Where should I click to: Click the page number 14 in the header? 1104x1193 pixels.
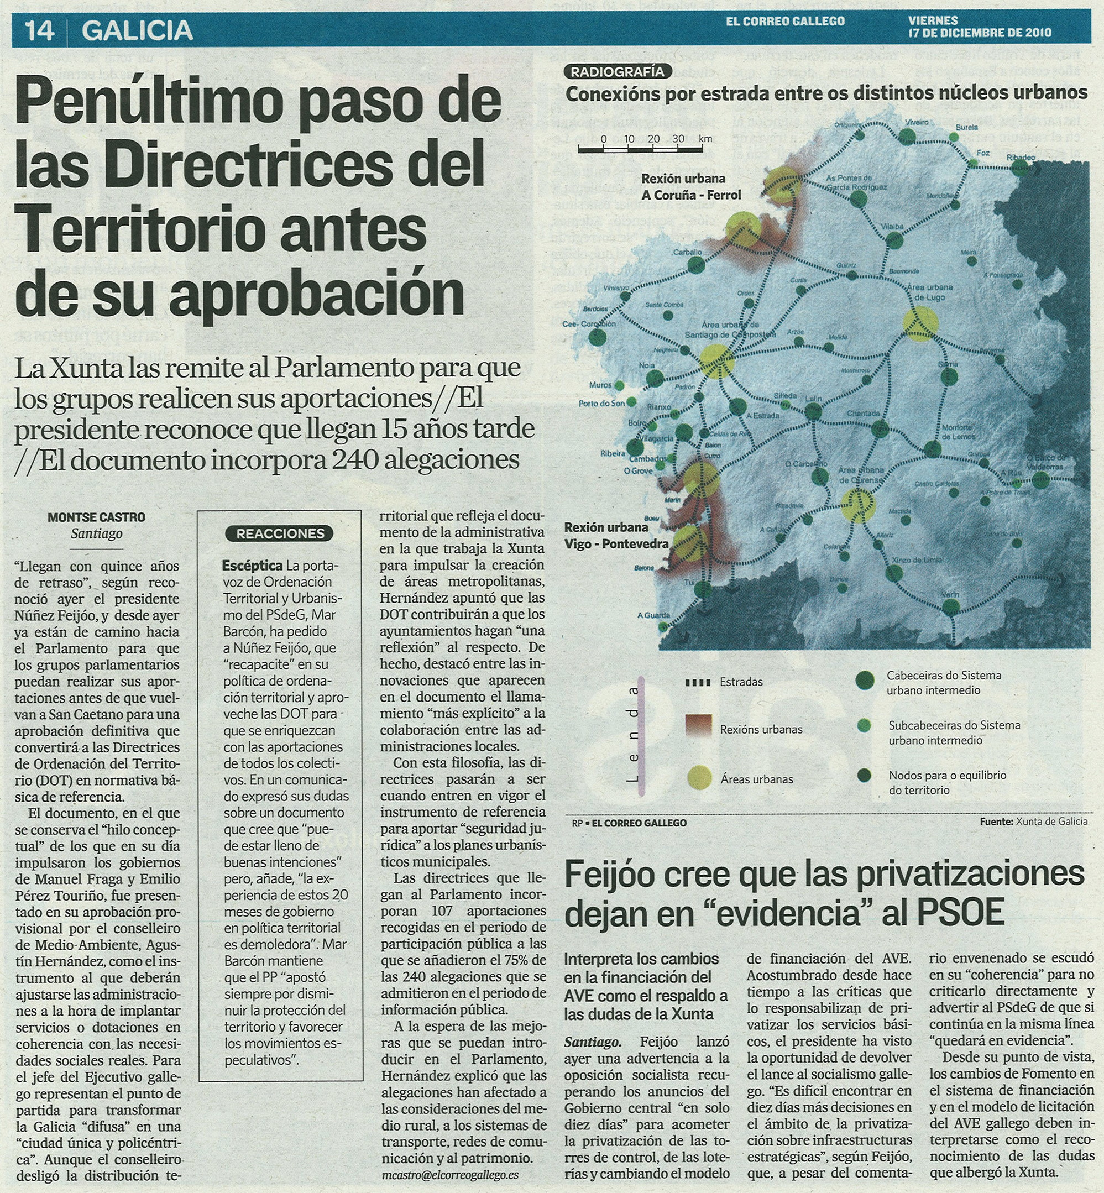pos(39,30)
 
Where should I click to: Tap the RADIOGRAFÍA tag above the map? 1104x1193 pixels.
pos(617,72)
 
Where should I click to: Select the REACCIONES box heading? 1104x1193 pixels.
pos(280,533)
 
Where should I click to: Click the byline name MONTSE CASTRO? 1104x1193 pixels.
pos(96,517)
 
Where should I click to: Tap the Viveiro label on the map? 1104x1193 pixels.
pos(917,123)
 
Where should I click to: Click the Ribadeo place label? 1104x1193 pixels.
pos(1021,158)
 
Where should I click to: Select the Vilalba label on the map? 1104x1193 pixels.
pos(892,227)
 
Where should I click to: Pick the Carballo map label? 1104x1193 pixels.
pos(687,252)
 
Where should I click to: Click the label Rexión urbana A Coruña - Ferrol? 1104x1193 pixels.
pos(690,187)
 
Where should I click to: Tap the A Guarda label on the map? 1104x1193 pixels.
pos(653,615)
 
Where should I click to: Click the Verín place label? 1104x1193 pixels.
pos(950,594)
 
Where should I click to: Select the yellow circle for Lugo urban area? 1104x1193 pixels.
pos(920,323)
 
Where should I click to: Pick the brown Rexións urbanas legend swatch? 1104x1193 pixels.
pos(698,726)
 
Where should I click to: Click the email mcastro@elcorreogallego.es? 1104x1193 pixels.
pos(450,1175)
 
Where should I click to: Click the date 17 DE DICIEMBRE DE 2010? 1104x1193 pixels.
pos(979,34)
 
